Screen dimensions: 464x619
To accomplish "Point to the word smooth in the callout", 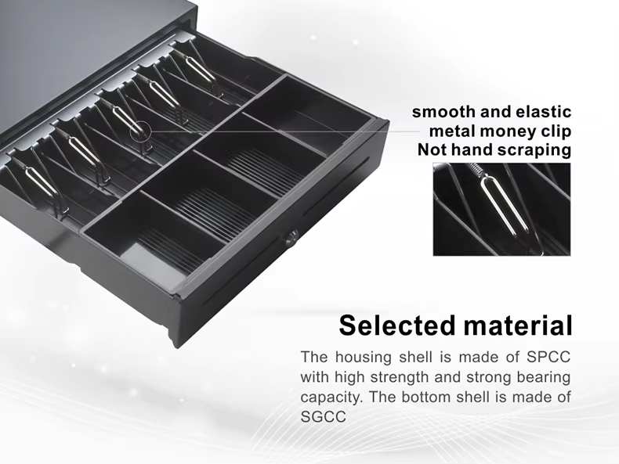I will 443,113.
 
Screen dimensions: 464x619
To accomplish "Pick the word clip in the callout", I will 555,131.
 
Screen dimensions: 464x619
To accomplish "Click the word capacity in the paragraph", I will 331,397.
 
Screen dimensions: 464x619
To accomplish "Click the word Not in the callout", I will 433,149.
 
